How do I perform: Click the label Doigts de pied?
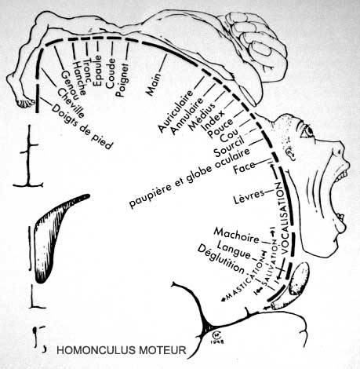tap(82, 126)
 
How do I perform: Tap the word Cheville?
tap(71, 103)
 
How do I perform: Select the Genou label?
tap(69, 85)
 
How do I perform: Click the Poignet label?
tap(122, 79)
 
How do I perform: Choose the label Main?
tap(154, 84)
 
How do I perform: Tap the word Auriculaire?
tap(176, 111)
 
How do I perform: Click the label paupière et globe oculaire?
tap(190, 177)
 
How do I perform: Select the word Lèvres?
tap(249, 195)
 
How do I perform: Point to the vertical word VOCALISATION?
tap(282, 217)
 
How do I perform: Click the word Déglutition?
tap(221, 259)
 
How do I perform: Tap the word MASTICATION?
tap(243, 280)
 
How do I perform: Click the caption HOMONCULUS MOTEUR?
tap(122, 350)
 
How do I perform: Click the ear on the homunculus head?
tap(290, 153)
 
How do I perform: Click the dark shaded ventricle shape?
tap(56, 235)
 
